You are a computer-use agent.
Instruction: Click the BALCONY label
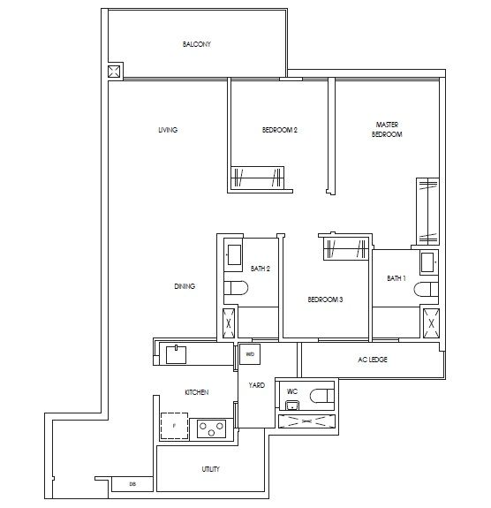click(x=197, y=44)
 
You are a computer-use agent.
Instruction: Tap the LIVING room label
click(x=168, y=130)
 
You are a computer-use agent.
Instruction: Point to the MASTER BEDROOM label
click(x=387, y=130)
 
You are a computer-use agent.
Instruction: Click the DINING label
click(x=185, y=286)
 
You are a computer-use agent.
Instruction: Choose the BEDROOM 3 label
click(x=325, y=300)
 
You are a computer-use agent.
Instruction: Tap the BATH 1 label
click(x=396, y=278)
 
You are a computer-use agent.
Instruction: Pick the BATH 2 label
click(x=260, y=269)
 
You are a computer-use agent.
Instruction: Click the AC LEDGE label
click(x=374, y=360)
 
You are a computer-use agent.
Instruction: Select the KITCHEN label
click(x=195, y=391)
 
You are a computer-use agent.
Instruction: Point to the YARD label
click(x=257, y=385)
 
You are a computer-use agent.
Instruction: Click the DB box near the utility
click(x=132, y=484)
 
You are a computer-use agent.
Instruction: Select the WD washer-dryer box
click(x=249, y=354)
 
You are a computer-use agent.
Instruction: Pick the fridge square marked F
click(x=175, y=427)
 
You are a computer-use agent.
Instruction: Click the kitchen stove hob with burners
click(x=212, y=428)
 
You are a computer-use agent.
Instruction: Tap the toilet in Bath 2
click(x=234, y=288)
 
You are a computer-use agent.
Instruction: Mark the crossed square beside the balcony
click(x=114, y=72)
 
